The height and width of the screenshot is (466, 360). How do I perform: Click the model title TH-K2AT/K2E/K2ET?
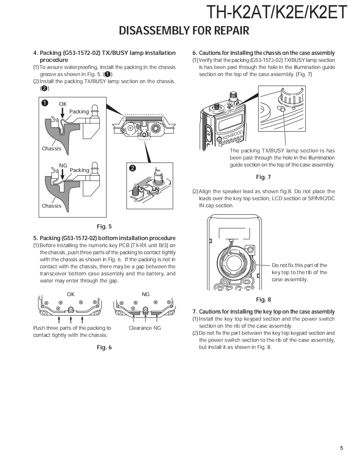pos(276,12)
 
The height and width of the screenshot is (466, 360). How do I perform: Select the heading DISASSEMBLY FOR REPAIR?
pos(184,31)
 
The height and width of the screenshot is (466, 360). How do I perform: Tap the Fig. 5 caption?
pos(104,227)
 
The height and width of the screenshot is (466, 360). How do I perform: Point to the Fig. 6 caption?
pos(104,348)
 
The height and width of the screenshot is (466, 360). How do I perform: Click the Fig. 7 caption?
pos(263,177)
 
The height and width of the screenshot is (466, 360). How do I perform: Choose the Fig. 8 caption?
pos(263,300)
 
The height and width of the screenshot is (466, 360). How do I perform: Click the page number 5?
pos(341,448)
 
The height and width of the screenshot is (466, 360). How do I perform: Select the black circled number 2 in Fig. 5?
pos(132,168)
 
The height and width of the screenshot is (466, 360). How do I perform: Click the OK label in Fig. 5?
pos(62,104)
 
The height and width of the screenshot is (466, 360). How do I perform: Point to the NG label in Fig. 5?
pos(63,166)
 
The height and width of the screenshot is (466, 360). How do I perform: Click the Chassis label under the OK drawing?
pos(51,149)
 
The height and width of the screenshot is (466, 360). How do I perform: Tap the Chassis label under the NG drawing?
pos(51,206)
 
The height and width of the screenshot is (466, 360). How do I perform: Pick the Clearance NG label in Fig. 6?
pos(145,328)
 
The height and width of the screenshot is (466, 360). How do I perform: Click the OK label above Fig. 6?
pos(71,294)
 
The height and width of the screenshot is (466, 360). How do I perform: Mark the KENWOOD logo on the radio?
pos(232,135)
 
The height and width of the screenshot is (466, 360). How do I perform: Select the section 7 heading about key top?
pos(263,312)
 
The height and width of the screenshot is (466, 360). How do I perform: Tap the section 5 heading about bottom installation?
pos(104,238)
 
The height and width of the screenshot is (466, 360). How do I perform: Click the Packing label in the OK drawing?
pos(79,112)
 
